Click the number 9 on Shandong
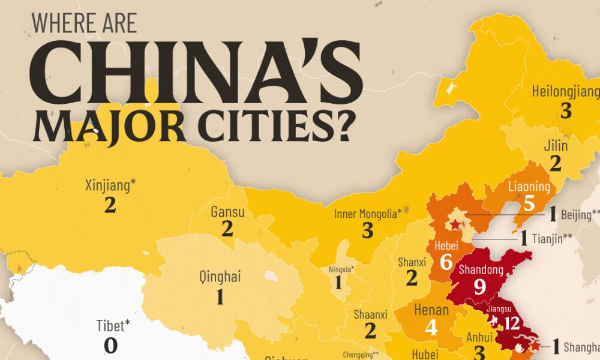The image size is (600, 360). pos(479,287)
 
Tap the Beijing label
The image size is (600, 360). pos(580,214)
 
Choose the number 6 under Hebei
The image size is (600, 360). pos(445,262)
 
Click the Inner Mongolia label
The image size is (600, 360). pos(367,213)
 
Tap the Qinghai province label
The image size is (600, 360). pos(220,277)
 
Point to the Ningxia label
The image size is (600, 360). pos(341,269)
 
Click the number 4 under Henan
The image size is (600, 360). pos(431,328)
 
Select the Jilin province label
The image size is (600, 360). pos(556,146)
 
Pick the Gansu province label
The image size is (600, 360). pos(227,212)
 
